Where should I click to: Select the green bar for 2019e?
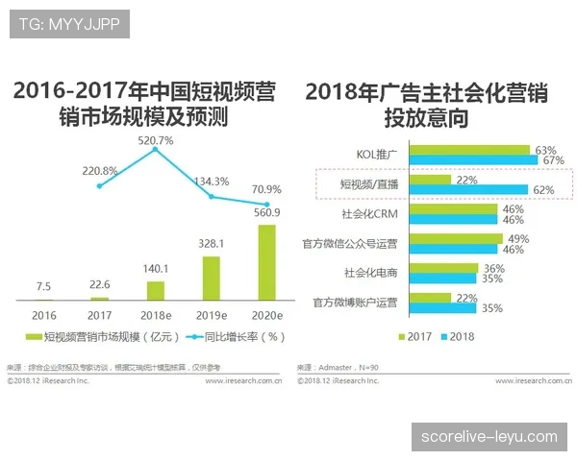tap(211, 278)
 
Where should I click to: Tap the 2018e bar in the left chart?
tap(155, 289)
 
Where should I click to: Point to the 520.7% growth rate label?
tap(155, 140)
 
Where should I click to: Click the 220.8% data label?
tap(99, 171)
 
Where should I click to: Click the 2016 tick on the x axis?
tap(44, 314)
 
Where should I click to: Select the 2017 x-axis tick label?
tap(99, 314)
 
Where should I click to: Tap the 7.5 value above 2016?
tap(44, 285)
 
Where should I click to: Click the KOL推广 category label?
tap(376, 152)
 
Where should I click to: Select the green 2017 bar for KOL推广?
tap(469, 149)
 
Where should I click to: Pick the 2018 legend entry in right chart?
tap(457, 337)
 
